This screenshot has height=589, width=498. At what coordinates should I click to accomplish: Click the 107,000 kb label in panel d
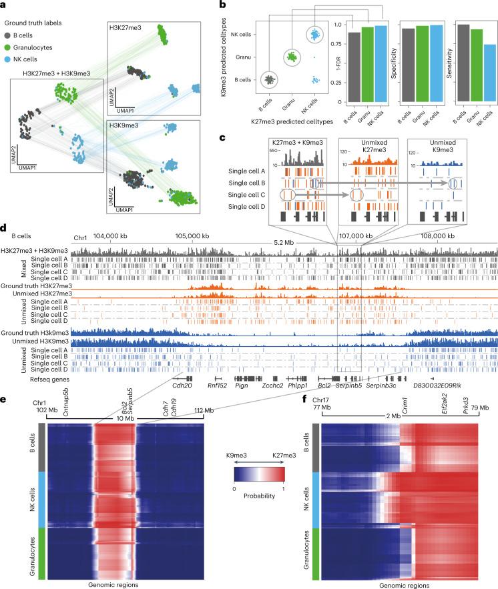click(x=355, y=236)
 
